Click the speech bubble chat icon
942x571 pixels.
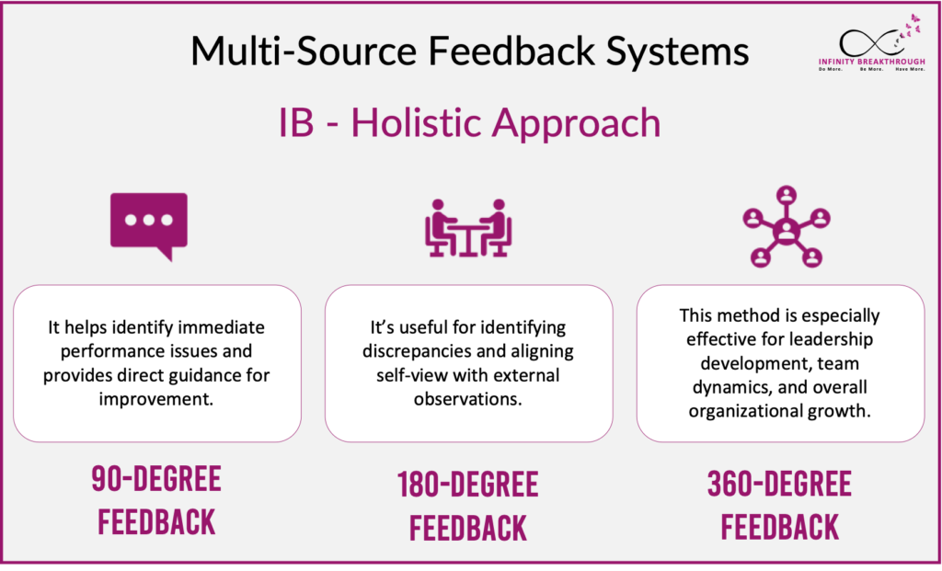click(148, 223)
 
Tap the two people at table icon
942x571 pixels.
click(468, 227)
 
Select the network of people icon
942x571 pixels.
click(786, 228)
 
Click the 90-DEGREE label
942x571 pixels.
click(156, 479)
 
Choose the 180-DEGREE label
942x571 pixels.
click(468, 485)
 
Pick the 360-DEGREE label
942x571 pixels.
click(779, 484)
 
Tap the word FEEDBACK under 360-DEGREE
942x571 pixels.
click(780, 527)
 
